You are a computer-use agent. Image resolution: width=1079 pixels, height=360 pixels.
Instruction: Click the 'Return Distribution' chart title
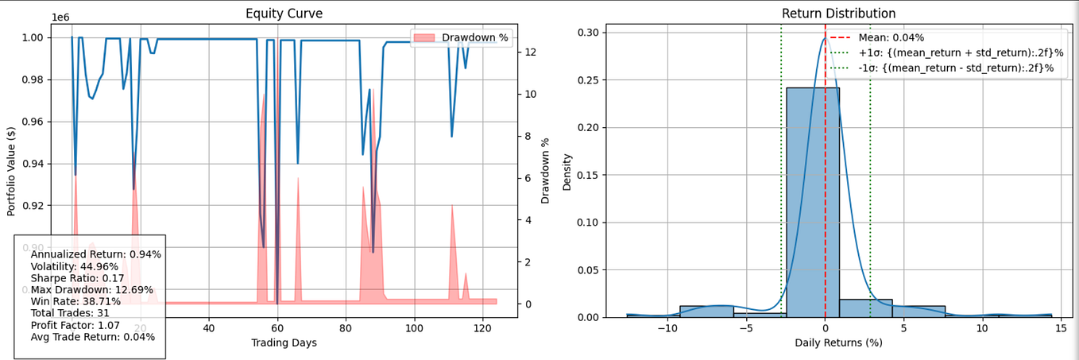[827, 14]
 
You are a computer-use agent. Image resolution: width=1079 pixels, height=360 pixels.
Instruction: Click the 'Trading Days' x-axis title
[284, 343]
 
